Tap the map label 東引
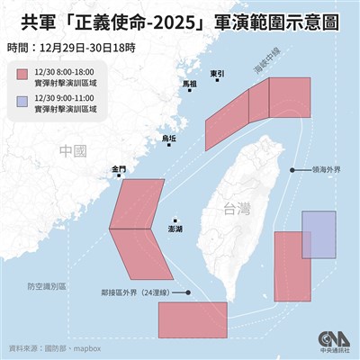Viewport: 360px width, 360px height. click(216, 73)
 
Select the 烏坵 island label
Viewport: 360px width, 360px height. click(169, 139)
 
